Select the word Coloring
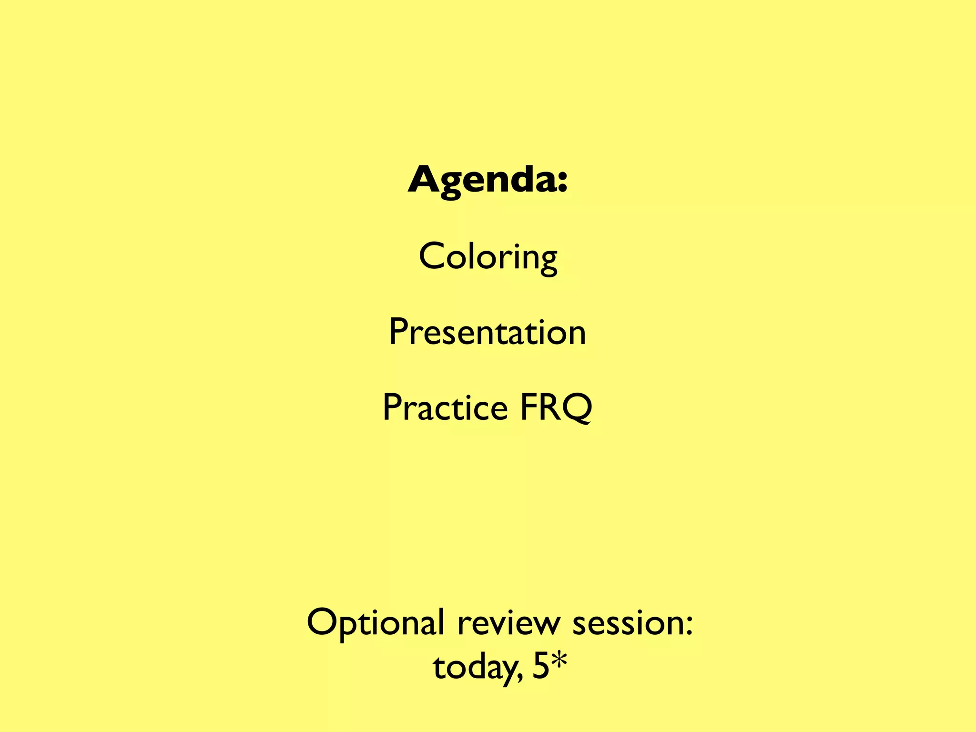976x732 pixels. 488,257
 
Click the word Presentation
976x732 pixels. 487,332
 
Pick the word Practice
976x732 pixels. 445,408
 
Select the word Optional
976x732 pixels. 375,623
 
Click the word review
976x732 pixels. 509,623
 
